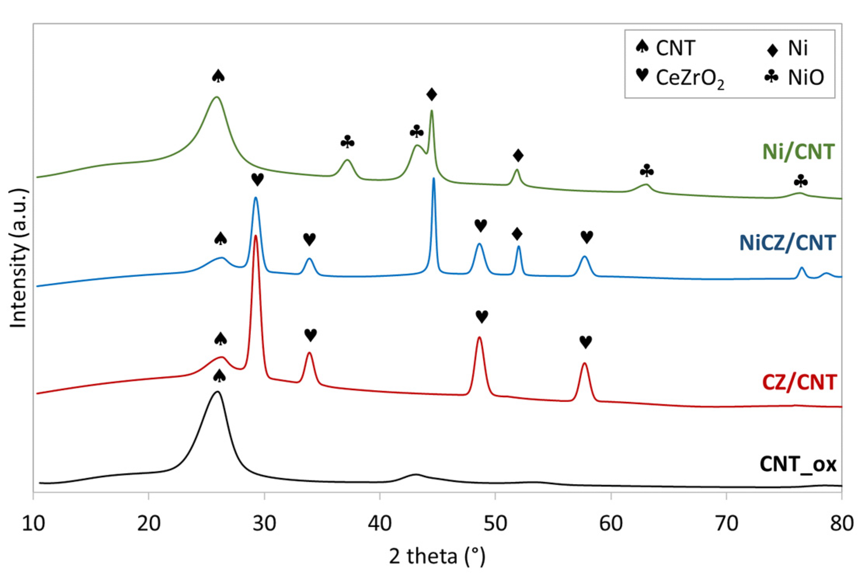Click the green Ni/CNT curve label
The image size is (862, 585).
(798, 152)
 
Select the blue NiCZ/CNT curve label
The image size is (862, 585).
(787, 243)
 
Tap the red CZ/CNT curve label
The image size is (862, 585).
(799, 382)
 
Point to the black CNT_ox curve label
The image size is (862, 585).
(798, 464)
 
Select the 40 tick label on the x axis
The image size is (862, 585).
(380, 523)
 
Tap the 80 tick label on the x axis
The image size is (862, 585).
(841, 523)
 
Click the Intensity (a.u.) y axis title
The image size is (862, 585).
(18, 258)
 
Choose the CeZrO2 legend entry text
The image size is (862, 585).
(690, 78)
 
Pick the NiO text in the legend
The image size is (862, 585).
(806, 77)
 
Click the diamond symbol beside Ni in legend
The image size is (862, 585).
(772, 50)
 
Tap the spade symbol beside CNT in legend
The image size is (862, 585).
(642, 47)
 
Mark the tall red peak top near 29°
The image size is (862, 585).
(255, 235)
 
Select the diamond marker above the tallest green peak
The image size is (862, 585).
(431, 94)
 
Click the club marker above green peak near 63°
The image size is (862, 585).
(646, 170)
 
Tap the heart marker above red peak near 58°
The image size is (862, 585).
(585, 342)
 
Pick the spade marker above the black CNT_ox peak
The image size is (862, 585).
(219, 375)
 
